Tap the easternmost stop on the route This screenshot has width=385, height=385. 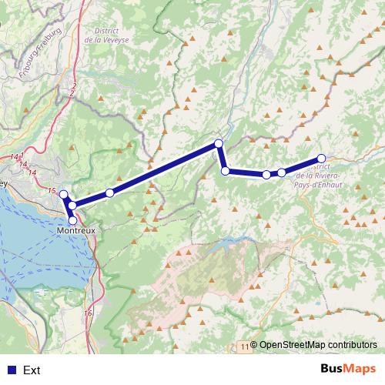pos(322,159)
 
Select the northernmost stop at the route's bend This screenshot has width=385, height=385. pos(219,143)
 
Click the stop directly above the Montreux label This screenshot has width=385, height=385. pos(73,220)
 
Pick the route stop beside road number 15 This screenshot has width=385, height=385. pos(64,195)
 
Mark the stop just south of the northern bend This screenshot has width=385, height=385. pos(225,170)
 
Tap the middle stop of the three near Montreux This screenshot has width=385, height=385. pos(71,205)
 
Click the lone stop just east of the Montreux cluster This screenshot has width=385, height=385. pos(110,192)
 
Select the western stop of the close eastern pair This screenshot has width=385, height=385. pos(266,175)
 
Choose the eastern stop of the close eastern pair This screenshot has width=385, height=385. pos(282,172)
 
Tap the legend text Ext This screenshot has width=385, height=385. pos(32,370)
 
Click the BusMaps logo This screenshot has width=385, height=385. pos(347,370)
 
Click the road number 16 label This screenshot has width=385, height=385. pos(88,313)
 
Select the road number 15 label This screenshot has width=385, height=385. pos(52,190)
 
